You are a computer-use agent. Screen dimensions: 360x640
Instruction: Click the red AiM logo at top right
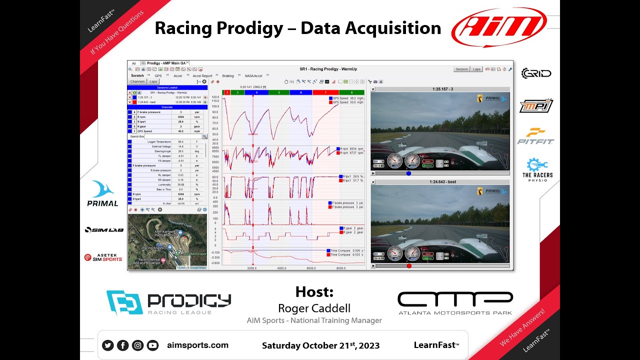pyautogui.click(x=498, y=27)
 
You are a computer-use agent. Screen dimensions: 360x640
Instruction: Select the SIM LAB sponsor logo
pyautogui.click(x=103, y=230)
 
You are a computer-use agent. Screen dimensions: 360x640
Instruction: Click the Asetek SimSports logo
pyautogui.click(x=103, y=257)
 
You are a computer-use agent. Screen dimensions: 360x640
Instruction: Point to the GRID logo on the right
pyautogui.click(x=536, y=73)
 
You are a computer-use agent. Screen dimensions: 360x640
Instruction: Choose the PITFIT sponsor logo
pyautogui.click(x=535, y=135)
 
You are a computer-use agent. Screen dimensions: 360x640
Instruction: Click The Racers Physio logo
pyautogui.click(x=537, y=169)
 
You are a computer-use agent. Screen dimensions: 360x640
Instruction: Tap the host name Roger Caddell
pyautogui.click(x=314, y=308)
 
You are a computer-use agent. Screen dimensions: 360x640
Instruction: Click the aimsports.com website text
pyautogui.click(x=197, y=345)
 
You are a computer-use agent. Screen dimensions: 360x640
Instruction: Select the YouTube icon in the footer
pyautogui.click(x=152, y=345)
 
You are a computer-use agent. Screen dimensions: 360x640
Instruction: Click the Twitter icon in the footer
pyautogui.click(x=107, y=345)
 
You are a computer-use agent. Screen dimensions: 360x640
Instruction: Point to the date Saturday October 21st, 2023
pyautogui.click(x=320, y=345)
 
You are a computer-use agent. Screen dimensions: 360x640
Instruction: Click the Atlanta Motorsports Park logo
pyautogui.click(x=455, y=302)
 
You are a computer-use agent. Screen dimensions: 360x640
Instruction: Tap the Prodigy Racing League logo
pyautogui.click(x=168, y=302)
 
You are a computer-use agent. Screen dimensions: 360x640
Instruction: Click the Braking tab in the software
pyautogui.click(x=228, y=76)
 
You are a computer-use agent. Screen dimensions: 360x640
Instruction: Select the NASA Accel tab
pyautogui.click(x=253, y=76)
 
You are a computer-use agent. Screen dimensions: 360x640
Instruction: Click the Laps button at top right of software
pyautogui.click(x=476, y=69)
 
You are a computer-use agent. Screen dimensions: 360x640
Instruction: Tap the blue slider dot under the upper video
pyautogui.click(x=408, y=173)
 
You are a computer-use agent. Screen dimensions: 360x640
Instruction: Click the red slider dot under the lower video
pyautogui.click(x=409, y=266)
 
